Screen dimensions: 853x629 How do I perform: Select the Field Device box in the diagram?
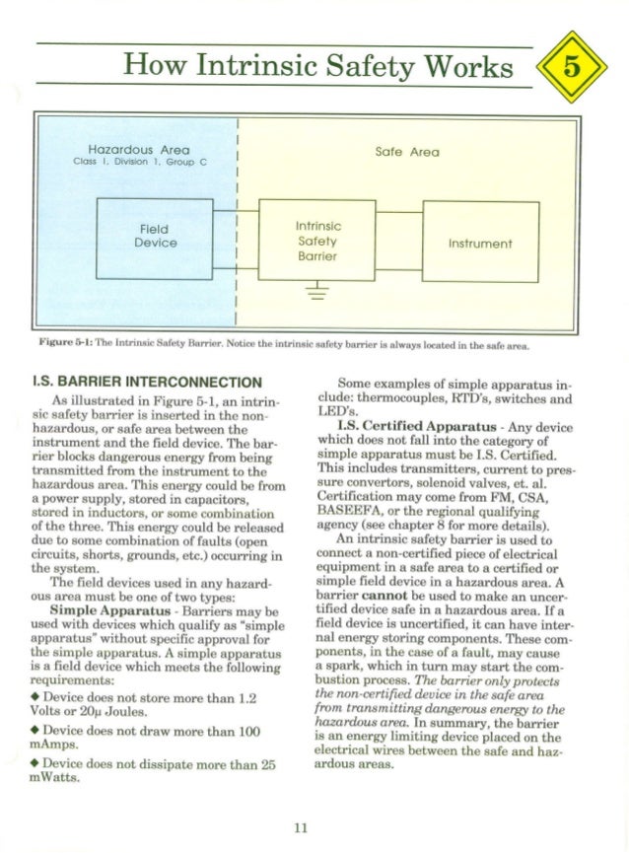155,236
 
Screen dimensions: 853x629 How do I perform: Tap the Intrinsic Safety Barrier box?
317,241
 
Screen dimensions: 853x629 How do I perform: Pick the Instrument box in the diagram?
480,243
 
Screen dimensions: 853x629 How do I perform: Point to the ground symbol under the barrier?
317,289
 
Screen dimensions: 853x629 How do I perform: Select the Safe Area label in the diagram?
407,152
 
